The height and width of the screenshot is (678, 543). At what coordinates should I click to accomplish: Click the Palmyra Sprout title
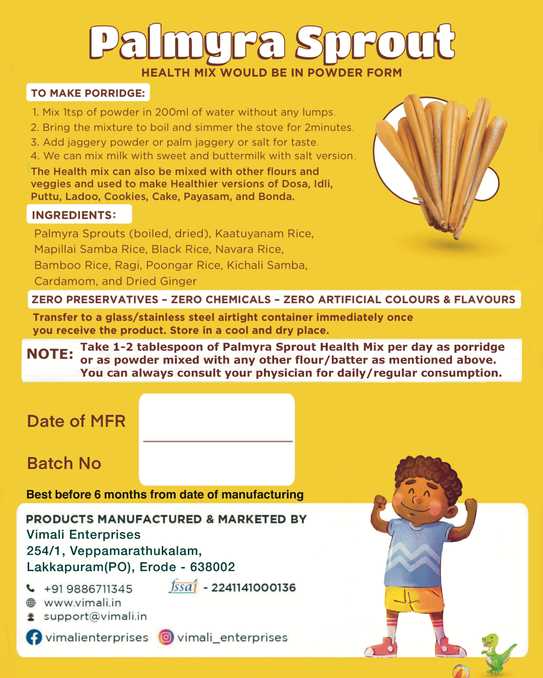coord(272,43)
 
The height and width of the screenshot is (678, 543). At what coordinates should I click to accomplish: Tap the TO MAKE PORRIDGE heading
coord(88,93)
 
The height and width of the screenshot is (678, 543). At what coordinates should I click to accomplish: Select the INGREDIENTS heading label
coord(74,215)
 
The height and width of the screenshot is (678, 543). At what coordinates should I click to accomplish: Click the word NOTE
coord(50,354)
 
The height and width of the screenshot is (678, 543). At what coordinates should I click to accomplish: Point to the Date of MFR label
coord(76,421)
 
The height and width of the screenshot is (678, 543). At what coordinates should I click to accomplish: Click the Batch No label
coord(64,463)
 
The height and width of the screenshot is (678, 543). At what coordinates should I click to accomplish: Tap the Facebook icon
coord(34,637)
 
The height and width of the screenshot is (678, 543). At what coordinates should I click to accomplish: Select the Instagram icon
coord(166,637)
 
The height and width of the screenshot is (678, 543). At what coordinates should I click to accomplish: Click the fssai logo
coord(184,586)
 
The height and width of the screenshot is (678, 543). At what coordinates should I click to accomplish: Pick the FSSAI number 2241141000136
coord(253,588)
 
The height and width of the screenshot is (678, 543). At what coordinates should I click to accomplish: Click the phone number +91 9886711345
coord(88,589)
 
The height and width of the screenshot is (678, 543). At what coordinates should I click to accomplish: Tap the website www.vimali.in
coord(82,603)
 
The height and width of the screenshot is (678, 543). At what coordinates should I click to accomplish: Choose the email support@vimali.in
coord(96,616)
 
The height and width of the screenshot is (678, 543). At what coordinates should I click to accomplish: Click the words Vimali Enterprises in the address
coord(83,534)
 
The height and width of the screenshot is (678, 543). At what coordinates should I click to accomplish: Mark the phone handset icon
coord(31,588)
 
